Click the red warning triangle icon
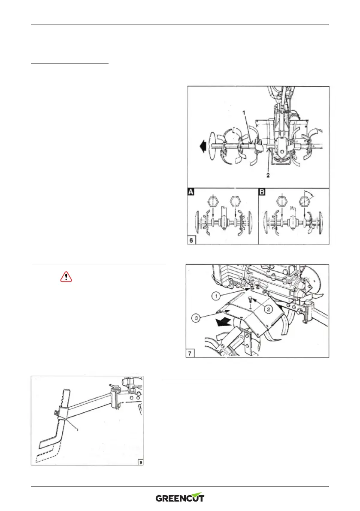pos(66,277)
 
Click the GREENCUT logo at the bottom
pos(180,498)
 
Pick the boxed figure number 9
pos(141,461)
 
